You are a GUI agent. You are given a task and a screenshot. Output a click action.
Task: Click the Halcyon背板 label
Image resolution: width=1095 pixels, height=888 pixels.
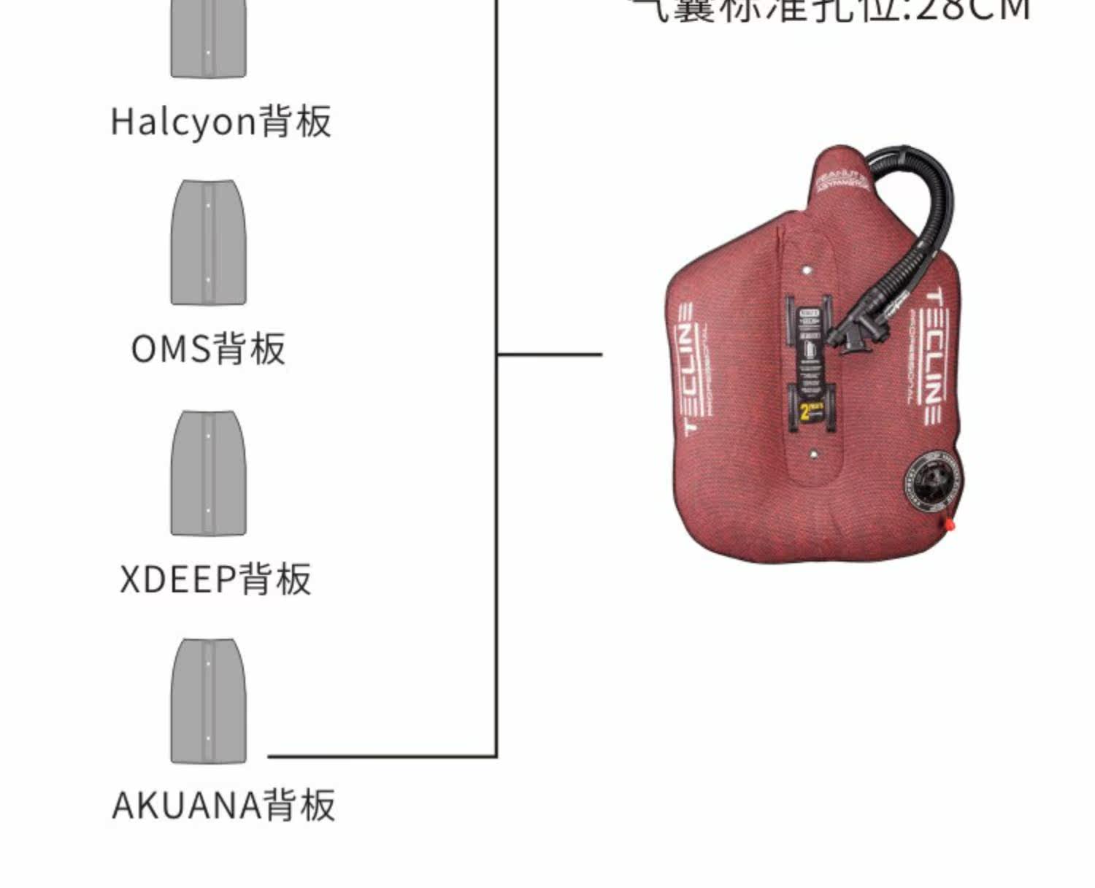tap(221, 121)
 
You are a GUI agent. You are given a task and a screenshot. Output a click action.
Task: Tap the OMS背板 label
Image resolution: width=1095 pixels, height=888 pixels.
tap(209, 349)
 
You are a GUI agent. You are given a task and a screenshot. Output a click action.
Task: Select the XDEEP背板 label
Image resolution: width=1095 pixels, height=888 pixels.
tap(216, 579)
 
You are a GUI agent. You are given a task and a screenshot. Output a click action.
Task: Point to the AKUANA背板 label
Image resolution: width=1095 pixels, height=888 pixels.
tap(224, 806)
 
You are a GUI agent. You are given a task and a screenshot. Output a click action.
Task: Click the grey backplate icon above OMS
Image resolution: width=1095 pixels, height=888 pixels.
tap(209, 242)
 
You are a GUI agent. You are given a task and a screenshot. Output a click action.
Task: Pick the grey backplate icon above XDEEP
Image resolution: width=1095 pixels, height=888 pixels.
tap(209, 473)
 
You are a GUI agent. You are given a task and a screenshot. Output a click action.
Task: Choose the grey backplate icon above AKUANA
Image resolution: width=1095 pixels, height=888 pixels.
tap(209, 701)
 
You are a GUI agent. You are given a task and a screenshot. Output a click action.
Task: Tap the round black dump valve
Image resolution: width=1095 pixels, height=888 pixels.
tap(935, 482)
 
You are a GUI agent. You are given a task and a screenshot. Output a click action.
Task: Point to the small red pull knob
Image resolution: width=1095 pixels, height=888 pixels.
tap(950, 523)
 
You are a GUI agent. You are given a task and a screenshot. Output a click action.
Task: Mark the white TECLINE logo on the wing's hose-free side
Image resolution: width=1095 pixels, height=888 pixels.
tap(688, 368)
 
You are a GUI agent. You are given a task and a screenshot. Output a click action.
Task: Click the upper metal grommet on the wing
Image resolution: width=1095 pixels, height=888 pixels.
tap(807, 271)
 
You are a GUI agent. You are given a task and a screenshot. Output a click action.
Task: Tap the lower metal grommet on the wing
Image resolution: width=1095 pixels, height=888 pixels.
tap(813, 454)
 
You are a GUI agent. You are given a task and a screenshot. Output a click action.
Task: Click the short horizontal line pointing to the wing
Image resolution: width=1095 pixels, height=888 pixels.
tap(550, 355)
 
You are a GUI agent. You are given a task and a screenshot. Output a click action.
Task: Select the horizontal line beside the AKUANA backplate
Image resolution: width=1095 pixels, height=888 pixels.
tap(380, 756)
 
